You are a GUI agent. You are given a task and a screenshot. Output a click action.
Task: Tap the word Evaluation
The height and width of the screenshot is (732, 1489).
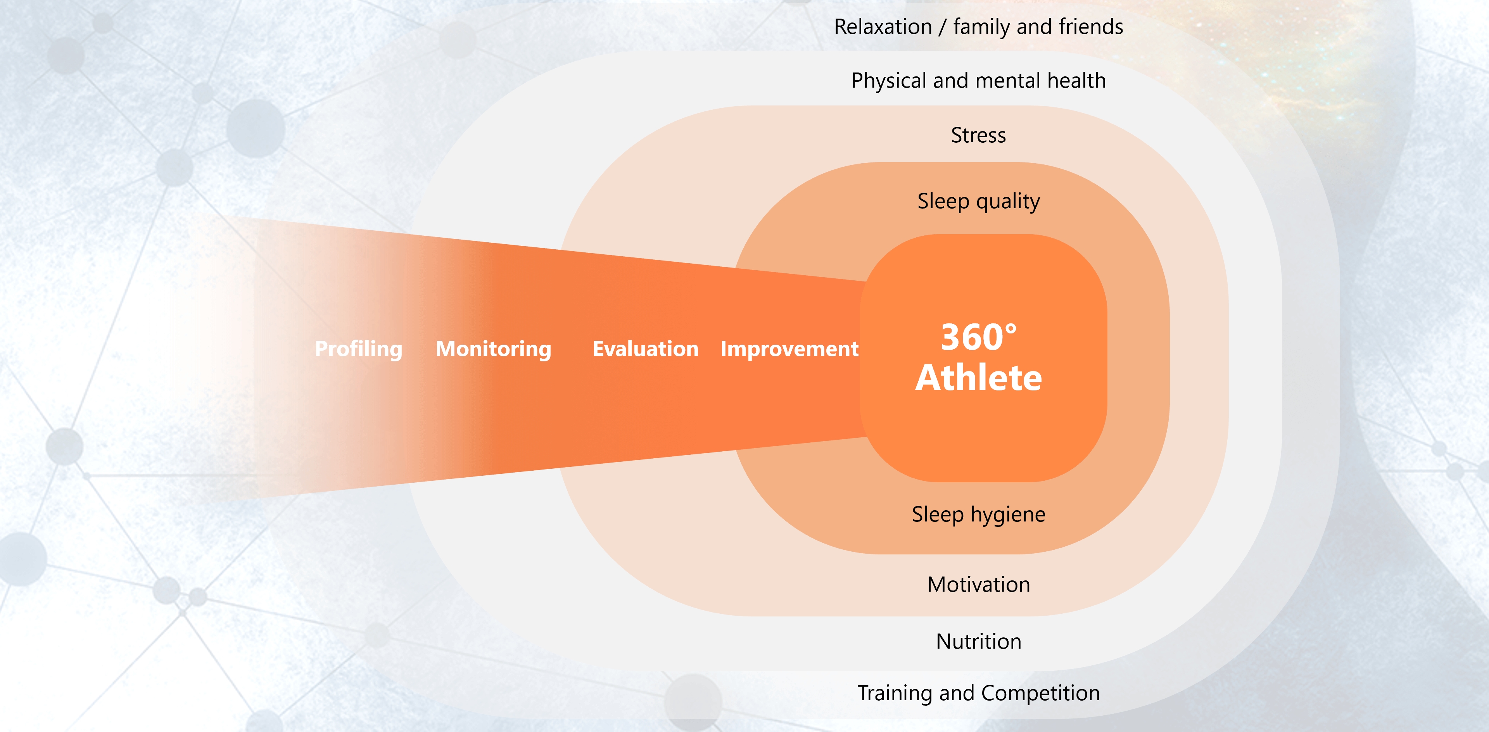point(646,349)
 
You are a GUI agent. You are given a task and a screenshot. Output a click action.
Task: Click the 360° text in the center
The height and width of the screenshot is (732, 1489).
point(979,337)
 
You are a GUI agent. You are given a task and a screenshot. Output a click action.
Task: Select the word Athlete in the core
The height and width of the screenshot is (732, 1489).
point(979,378)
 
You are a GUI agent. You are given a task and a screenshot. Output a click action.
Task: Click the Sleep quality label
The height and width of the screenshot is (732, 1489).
point(979,202)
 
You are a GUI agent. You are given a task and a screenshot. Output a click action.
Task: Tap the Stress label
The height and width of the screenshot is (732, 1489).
point(979,135)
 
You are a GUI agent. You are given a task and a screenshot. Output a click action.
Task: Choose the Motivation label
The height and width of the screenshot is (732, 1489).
point(979,585)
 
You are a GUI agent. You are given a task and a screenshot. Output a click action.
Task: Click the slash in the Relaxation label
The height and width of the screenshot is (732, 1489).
point(943,27)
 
